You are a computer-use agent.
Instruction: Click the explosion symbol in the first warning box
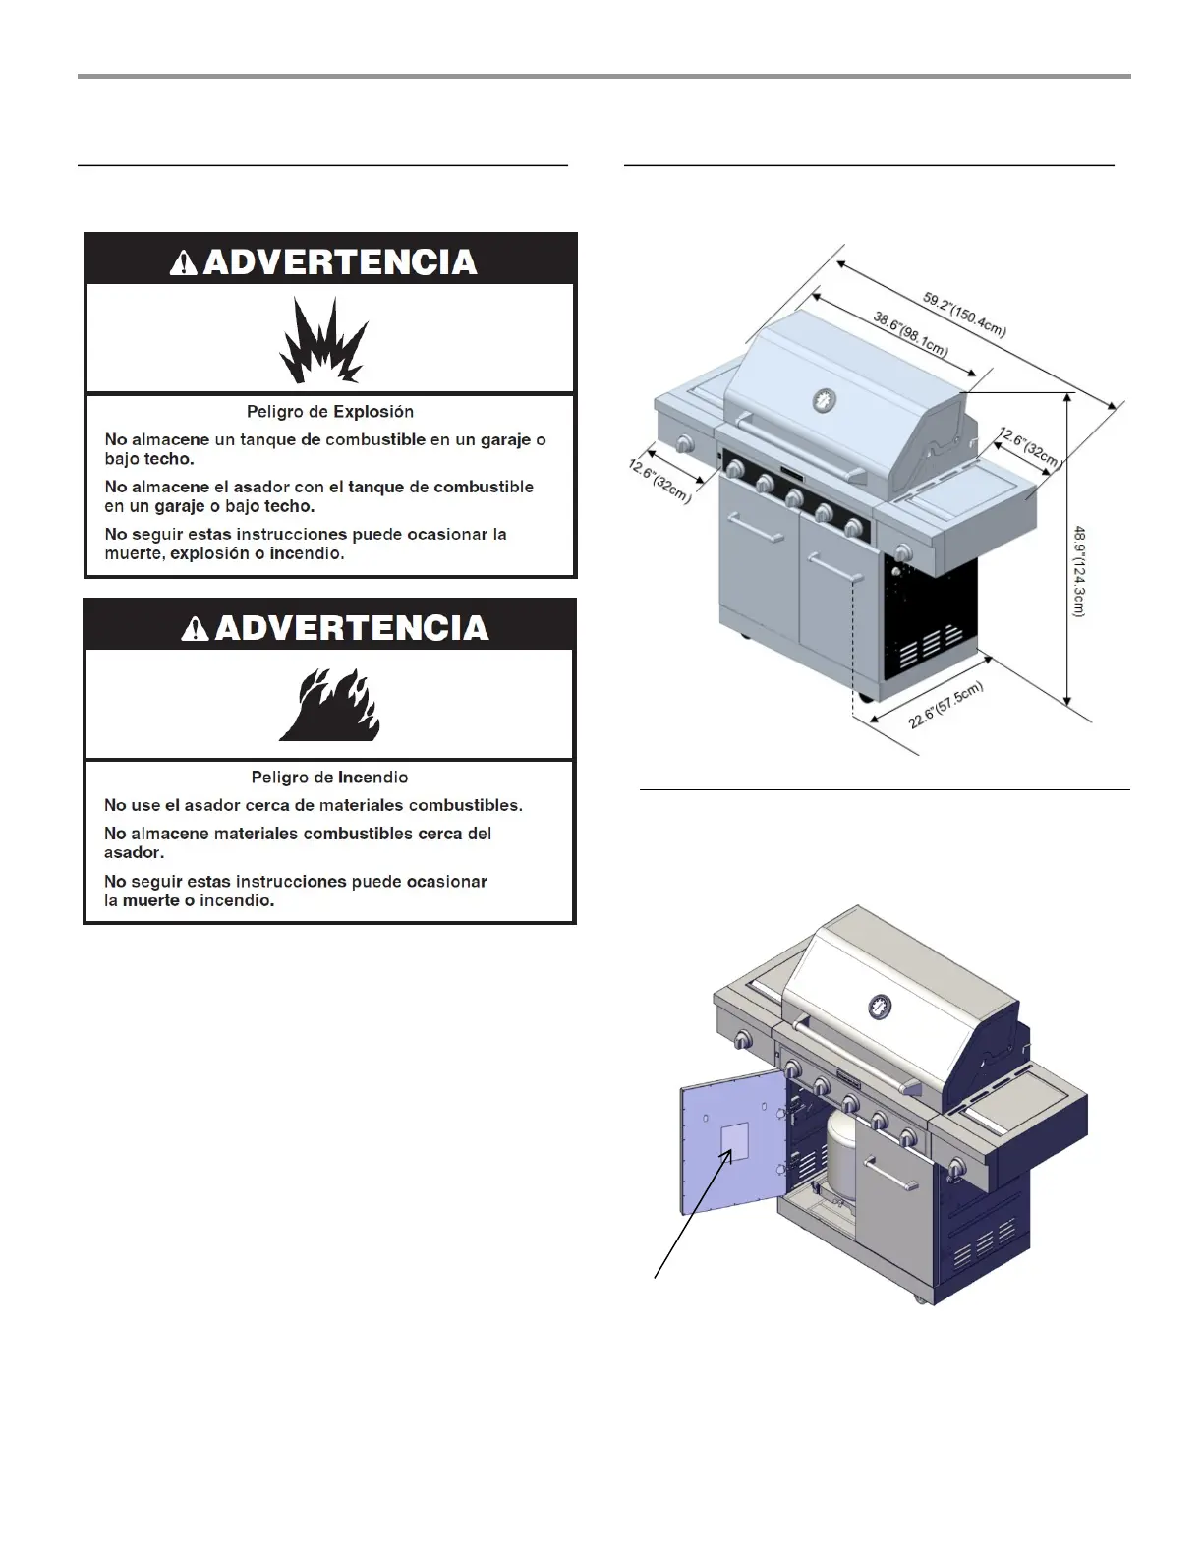click(323, 340)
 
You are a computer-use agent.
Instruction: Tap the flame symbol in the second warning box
click(329, 705)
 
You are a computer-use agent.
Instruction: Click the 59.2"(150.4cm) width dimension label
click(964, 314)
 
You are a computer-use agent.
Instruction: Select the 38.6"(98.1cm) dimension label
click(910, 334)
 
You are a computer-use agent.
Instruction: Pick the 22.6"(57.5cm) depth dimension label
click(945, 706)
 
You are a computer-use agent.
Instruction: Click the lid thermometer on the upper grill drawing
click(824, 401)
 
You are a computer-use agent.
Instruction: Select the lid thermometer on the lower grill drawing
click(880, 1007)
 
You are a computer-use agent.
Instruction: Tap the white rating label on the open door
click(735, 1141)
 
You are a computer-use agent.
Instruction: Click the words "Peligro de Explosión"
click(330, 412)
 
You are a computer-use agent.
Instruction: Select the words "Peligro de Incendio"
click(329, 778)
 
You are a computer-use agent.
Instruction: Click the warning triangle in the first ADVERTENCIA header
click(184, 262)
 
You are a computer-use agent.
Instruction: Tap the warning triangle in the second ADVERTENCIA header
click(196, 628)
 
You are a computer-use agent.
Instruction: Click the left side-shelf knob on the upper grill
click(683, 445)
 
